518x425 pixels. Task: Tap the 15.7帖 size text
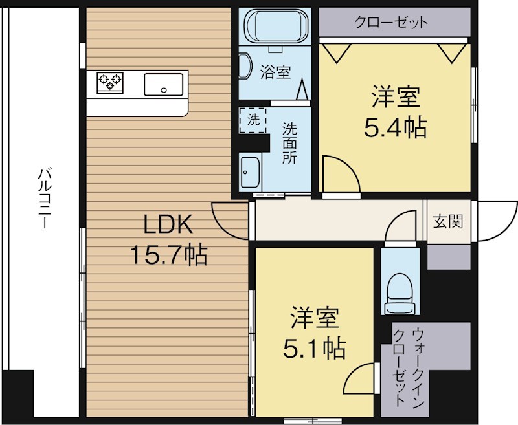click(169, 256)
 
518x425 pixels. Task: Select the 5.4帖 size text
click(395, 128)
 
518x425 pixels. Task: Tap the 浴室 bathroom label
click(275, 72)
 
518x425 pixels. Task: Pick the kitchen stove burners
click(110, 82)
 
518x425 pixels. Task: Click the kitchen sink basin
click(163, 83)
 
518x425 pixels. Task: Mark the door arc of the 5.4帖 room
click(339, 173)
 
